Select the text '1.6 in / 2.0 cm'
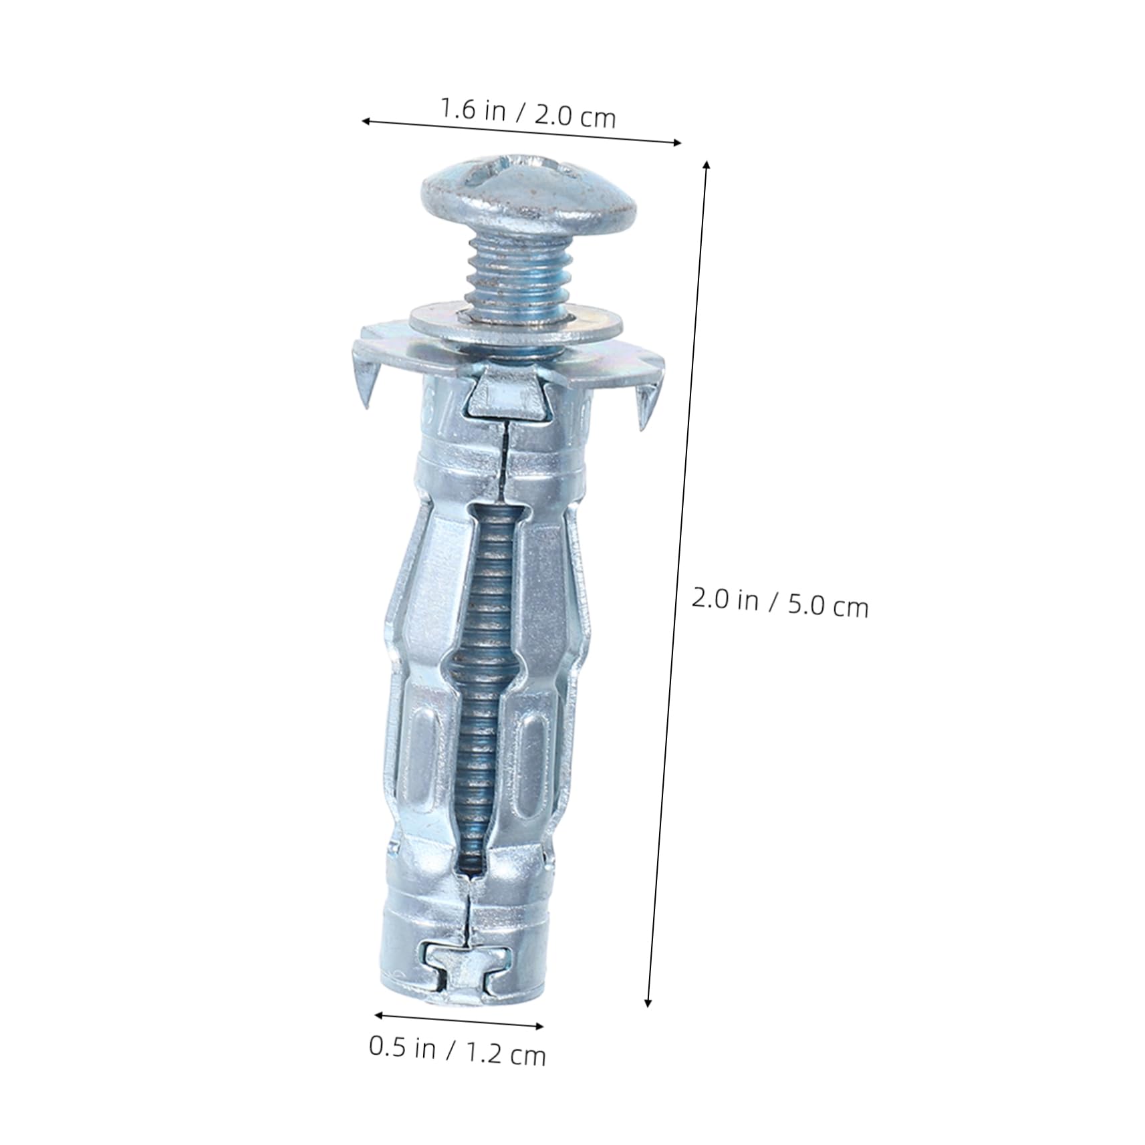(527, 113)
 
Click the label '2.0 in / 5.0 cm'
(779, 602)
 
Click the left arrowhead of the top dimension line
(365, 121)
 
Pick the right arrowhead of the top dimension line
(678, 142)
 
